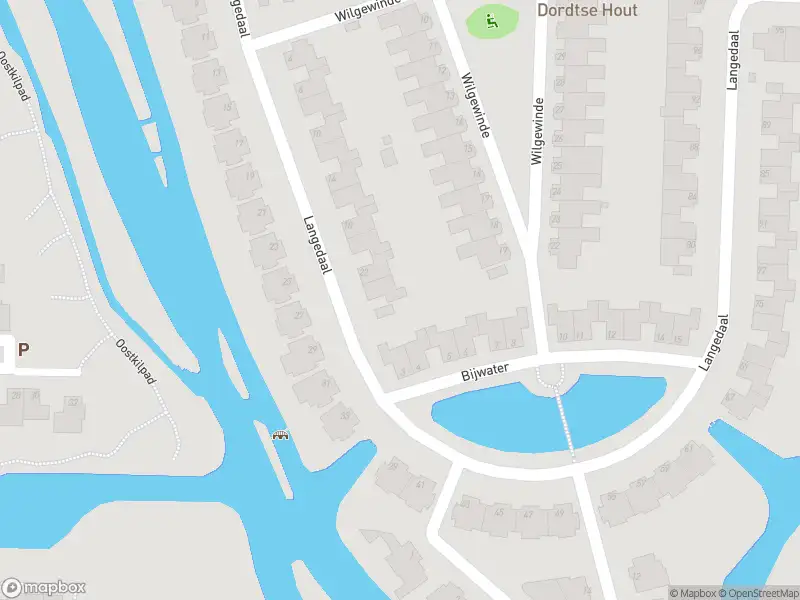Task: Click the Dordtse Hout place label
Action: coord(588,11)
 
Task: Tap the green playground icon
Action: coord(491,19)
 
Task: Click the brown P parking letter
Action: coord(23,350)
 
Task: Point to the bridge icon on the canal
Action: coord(281,435)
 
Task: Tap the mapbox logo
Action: coord(44,588)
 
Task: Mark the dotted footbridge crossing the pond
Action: coord(565,420)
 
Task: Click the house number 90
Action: coord(690,245)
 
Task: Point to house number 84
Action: coord(691,196)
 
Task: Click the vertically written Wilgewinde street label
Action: coord(537,131)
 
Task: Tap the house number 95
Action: coord(779,31)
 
